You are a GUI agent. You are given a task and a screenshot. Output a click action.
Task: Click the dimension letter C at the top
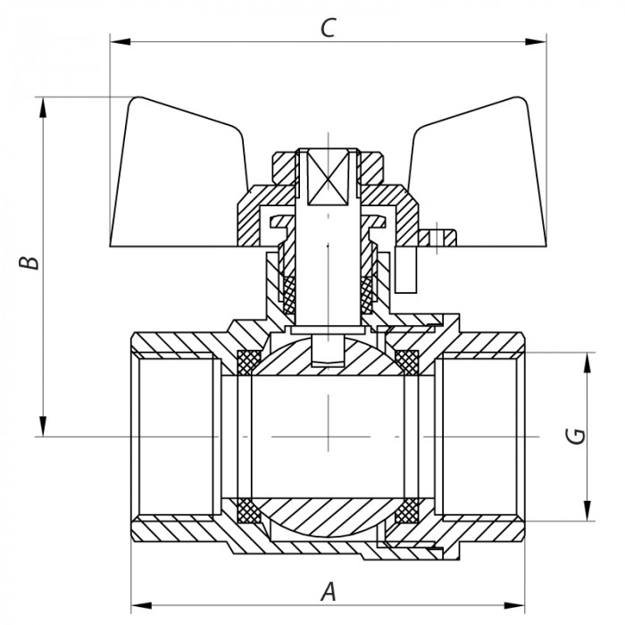[x=328, y=28]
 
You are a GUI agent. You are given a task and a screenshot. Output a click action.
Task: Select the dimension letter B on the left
[x=29, y=264]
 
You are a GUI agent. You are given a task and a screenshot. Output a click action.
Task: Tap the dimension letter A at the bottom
[x=329, y=590]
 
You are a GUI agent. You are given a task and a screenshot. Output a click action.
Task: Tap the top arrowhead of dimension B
[x=42, y=106]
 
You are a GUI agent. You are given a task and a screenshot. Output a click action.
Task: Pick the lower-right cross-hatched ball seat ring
[x=407, y=511]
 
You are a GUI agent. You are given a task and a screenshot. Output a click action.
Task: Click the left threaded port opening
[x=174, y=436]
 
